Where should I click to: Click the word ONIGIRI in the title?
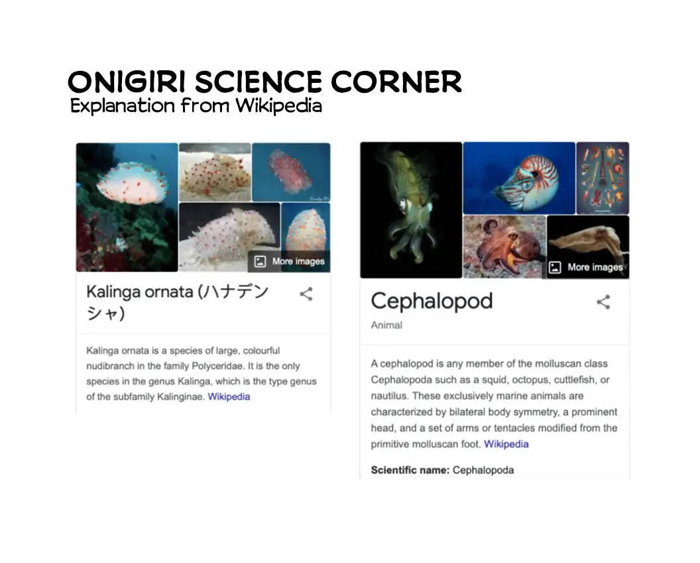[x=127, y=82]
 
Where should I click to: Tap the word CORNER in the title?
[x=396, y=82]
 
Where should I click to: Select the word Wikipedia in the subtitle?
[x=278, y=105]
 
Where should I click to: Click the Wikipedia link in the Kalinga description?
[x=229, y=397]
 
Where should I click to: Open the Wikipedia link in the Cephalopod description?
[x=506, y=444]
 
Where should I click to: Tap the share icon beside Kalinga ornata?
[x=306, y=294]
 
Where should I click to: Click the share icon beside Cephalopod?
[x=603, y=302]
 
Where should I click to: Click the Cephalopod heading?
[x=432, y=301]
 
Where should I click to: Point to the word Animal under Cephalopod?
[x=386, y=325]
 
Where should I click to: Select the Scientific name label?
[x=410, y=469]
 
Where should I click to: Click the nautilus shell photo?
[x=519, y=178]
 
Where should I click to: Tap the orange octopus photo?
[x=504, y=247]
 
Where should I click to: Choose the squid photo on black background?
[x=411, y=210]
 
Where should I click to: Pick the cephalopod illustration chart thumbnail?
[x=603, y=178]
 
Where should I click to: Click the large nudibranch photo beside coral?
[x=127, y=207]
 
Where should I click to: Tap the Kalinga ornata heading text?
[x=177, y=302]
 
